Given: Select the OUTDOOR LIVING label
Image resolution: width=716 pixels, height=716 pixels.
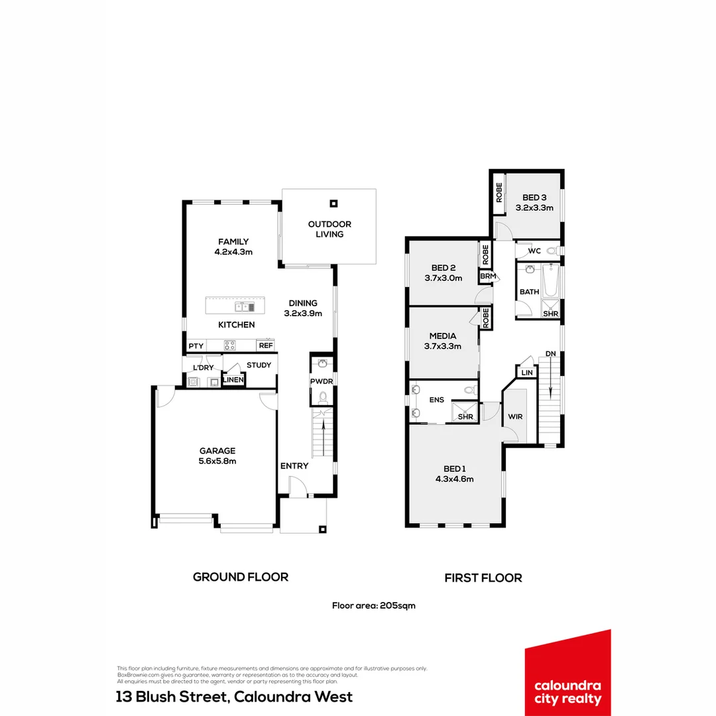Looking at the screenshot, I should click(329, 229).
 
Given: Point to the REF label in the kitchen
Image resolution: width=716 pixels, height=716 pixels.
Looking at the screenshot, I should click(266, 345).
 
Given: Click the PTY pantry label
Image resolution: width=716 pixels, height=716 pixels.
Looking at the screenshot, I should click(196, 346).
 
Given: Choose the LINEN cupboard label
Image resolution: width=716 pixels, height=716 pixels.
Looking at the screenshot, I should click(233, 380).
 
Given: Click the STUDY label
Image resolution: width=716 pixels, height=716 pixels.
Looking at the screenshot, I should click(259, 365).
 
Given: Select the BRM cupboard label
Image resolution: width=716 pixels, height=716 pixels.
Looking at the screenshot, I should click(487, 276).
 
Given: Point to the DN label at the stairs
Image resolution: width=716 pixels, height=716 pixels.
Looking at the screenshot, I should click(550, 354).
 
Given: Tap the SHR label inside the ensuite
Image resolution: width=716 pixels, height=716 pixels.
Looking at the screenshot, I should click(465, 416).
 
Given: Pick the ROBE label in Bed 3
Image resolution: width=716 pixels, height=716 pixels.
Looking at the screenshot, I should click(499, 193).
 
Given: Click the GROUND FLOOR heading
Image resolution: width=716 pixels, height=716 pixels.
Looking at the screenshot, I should click(241, 577).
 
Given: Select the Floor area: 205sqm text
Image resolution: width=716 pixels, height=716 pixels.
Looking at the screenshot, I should click(373, 605).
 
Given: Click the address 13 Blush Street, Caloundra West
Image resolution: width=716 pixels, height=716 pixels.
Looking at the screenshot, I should click(234, 697).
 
